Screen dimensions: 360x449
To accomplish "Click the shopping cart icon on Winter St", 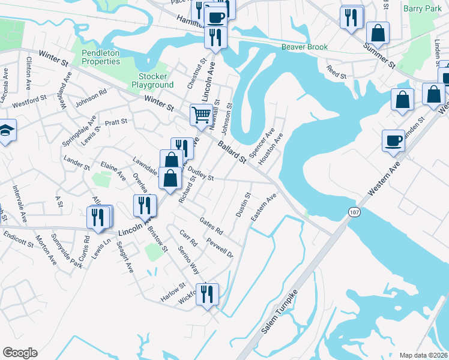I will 201,114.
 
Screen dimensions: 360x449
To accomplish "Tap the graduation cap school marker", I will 5,131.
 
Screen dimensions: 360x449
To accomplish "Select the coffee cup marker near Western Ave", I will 393,141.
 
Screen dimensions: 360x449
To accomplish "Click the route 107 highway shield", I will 354,212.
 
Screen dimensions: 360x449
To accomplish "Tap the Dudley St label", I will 201,175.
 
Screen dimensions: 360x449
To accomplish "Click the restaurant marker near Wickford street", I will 207,293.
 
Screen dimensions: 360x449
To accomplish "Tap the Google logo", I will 20,353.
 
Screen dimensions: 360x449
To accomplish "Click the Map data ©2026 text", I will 423,355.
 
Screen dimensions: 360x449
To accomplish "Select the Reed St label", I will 336,73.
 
